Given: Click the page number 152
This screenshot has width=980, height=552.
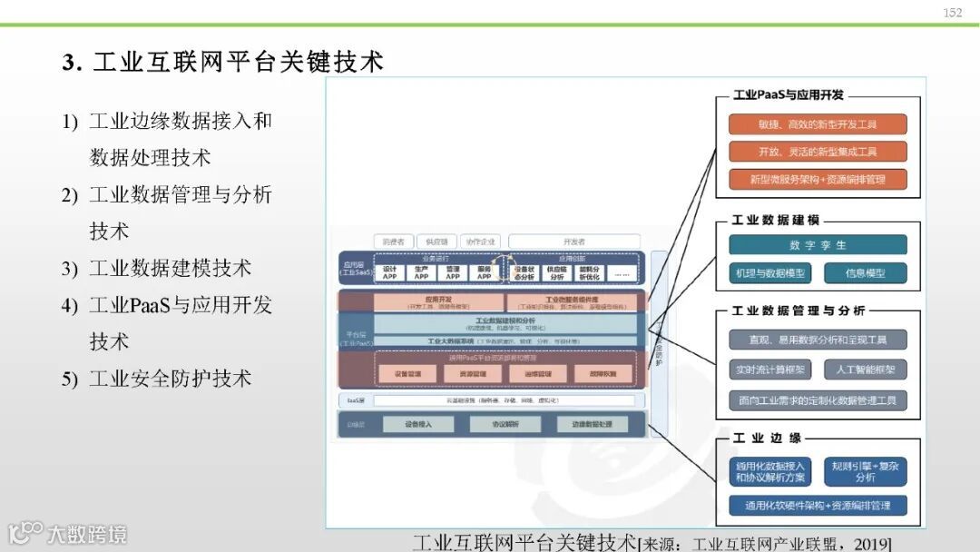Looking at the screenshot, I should [x=952, y=13].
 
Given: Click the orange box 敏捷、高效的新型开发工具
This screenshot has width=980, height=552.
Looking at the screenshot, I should [x=818, y=124].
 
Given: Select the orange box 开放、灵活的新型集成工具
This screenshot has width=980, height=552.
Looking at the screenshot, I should [x=818, y=152].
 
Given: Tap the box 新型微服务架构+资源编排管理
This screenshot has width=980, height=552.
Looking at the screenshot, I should [x=818, y=179].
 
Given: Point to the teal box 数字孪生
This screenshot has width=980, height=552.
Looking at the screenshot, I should [x=818, y=245].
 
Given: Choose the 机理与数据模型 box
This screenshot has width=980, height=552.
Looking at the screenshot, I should [x=770, y=272].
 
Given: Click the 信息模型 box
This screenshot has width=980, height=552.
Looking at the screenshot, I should [x=865, y=272].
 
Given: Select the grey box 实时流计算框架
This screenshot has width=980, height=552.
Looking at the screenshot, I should [x=770, y=370].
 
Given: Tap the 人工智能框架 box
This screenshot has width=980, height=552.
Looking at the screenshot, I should [x=865, y=370].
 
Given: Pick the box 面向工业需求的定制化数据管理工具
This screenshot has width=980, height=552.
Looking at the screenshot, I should [x=818, y=399].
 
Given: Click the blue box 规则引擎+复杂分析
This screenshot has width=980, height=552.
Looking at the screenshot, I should [x=865, y=470].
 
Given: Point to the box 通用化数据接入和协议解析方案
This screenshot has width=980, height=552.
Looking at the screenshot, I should [x=770, y=470].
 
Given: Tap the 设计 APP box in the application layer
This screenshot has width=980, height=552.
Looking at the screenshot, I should [x=389, y=271].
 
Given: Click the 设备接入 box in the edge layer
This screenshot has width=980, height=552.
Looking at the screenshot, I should [x=417, y=424].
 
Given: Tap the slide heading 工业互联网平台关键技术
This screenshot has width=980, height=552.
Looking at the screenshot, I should [x=222, y=61].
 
